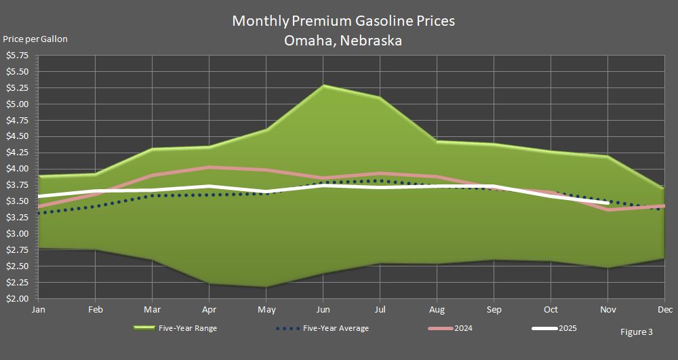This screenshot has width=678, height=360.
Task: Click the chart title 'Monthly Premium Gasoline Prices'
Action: (343, 20)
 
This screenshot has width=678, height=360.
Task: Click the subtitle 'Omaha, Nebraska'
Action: (343, 40)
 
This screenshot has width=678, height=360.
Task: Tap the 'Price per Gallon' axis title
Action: (35, 39)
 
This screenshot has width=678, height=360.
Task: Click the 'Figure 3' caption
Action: (637, 332)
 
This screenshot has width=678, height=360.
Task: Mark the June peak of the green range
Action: (323, 85)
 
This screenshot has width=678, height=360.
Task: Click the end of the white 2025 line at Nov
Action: (607, 203)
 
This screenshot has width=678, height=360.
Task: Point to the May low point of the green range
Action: (266, 287)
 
